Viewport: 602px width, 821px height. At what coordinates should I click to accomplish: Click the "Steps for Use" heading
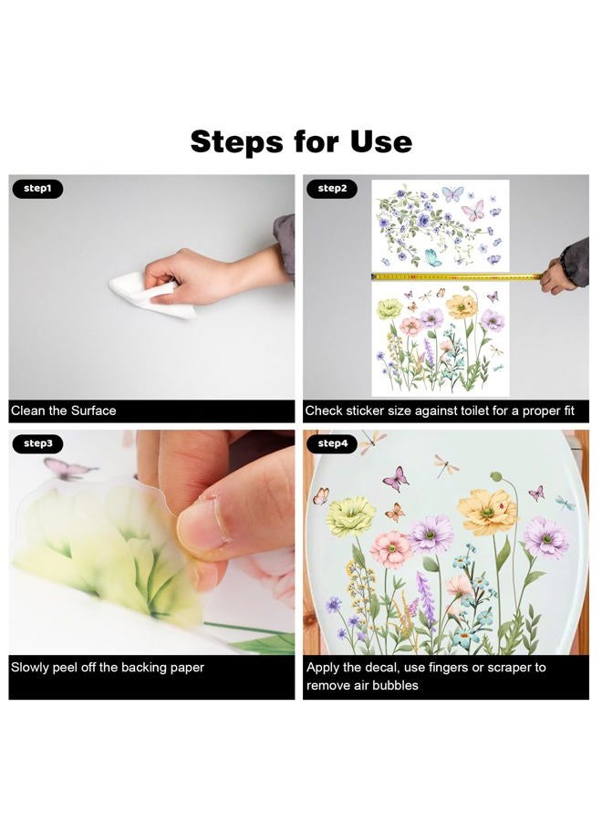coord(301,141)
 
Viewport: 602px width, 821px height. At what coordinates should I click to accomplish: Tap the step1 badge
coord(37,189)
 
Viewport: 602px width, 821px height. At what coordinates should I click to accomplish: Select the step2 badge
coord(332,189)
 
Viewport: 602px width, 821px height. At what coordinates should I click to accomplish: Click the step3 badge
coord(37,443)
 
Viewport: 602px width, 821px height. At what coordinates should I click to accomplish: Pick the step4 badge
coord(332,443)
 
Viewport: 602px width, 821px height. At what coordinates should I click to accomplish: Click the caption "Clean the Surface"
coord(63,411)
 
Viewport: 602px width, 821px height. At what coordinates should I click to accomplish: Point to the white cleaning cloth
coord(151,295)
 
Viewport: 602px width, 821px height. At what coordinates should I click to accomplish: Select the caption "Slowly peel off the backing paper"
coord(108,668)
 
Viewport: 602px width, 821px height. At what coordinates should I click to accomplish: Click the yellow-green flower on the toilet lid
coord(352,516)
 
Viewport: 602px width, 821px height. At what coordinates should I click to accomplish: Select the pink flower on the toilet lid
coord(391,550)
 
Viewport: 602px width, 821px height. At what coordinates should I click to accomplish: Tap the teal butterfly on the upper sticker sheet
coord(432,256)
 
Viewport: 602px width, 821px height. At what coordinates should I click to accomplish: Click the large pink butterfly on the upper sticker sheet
coord(472,211)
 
